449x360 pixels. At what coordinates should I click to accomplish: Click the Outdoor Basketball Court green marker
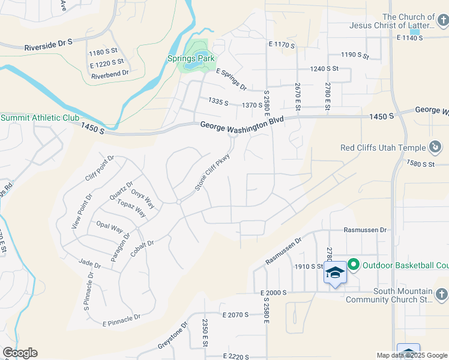pos(354,264)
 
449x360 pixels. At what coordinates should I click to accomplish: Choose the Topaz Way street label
pos(132,208)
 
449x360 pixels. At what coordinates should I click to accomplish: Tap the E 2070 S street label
pos(235,314)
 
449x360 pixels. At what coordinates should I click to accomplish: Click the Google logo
pos(20,353)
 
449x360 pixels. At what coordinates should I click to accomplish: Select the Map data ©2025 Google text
pos(412,355)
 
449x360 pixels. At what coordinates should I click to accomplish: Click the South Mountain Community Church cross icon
pos(441,295)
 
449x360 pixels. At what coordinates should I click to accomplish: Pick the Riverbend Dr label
pos(110,73)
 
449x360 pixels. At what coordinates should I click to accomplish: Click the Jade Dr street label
pos(89,262)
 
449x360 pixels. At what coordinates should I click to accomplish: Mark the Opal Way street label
pos(109,227)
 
